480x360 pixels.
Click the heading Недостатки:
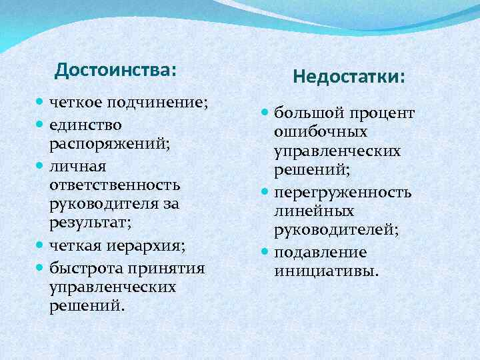[x=348, y=78]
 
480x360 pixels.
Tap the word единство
[x=85, y=125]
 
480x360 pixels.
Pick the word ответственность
[x=115, y=184]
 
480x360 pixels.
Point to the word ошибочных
[x=320, y=133]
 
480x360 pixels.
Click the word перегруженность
[x=342, y=193]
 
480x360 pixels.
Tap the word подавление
[x=320, y=253]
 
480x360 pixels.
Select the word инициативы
[x=325, y=272]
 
